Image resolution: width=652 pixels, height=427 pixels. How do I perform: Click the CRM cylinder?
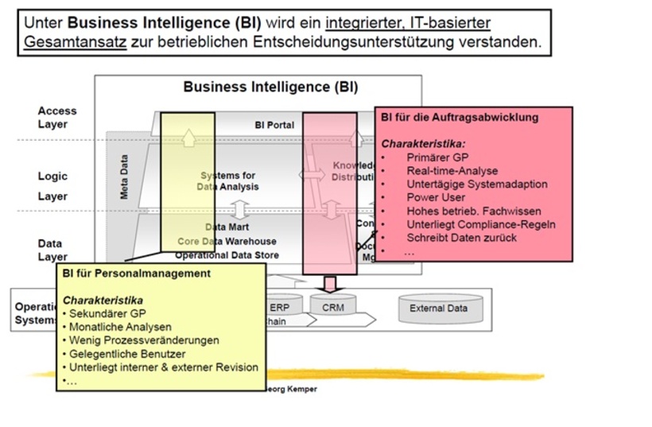tap(333, 308)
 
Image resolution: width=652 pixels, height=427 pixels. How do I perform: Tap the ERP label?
tap(280, 307)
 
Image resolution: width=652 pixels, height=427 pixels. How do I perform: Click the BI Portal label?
tap(274, 125)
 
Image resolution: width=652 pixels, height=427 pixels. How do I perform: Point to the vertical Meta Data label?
tap(124, 177)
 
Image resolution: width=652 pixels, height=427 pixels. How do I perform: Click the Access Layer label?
tap(57, 118)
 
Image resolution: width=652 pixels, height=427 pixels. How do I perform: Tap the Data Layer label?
tap(53, 250)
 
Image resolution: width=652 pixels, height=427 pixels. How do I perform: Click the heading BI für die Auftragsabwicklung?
tap(459, 118)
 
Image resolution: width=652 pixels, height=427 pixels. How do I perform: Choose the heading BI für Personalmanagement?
tap(137, 273)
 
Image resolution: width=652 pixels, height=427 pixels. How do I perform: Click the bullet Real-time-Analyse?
tap(452, 171)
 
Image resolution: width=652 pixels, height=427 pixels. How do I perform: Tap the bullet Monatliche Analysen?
tap(120, 327)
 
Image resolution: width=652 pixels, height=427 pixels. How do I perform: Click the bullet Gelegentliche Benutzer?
tap(127, 353)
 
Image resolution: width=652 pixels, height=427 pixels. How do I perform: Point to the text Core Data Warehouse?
tap(227, 241)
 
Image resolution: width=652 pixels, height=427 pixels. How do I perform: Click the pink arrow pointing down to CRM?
tap(330, 283)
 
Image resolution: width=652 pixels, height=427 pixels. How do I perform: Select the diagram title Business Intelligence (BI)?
tap(270, 87)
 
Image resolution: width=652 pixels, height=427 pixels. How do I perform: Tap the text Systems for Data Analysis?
tap(228, 181)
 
